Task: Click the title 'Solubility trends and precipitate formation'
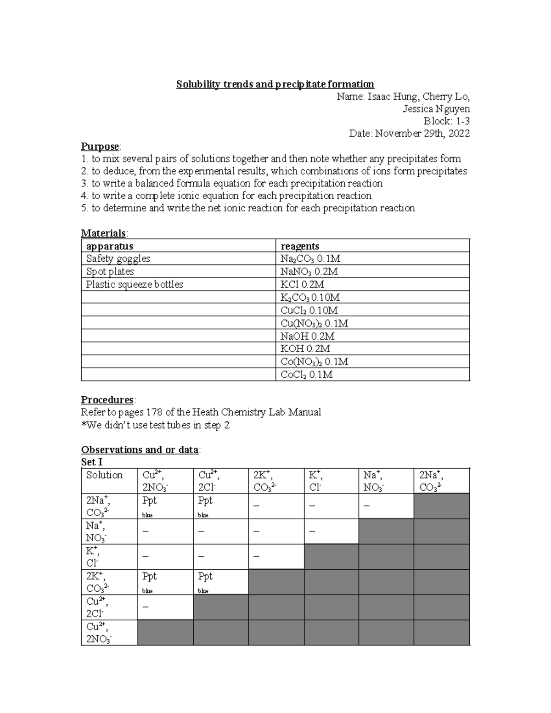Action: pos(275,84)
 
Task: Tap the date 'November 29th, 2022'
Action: pos(422,134)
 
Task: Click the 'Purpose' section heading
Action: pos(100,146)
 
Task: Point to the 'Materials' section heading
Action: pos(103,233)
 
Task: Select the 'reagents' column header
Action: pos(300,246)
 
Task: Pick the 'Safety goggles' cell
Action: pos(118,258)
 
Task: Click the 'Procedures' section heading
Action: pos(107,399)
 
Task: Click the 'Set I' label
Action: pos(91,462)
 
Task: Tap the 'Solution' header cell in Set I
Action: pos(104,475)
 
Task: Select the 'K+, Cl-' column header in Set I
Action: pos(316,481)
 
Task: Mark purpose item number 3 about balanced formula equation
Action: pos(232,184)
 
